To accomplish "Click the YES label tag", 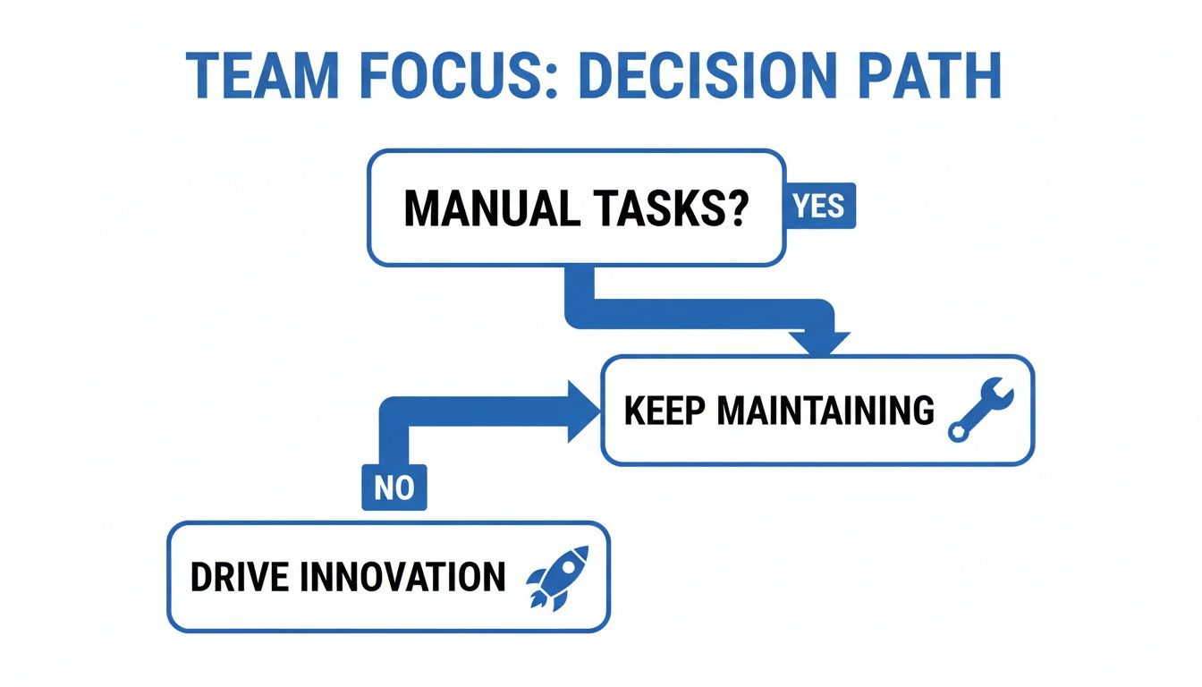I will tap(819, 207).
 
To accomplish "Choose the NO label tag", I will tap(394, 488).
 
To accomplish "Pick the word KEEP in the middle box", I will tap(664, 411).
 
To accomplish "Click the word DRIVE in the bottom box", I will tap(239, 577).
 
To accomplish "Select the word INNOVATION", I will tap(402, 577).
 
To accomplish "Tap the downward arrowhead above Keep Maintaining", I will tap(817, 343).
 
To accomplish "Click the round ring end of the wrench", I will tap(958, 432).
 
